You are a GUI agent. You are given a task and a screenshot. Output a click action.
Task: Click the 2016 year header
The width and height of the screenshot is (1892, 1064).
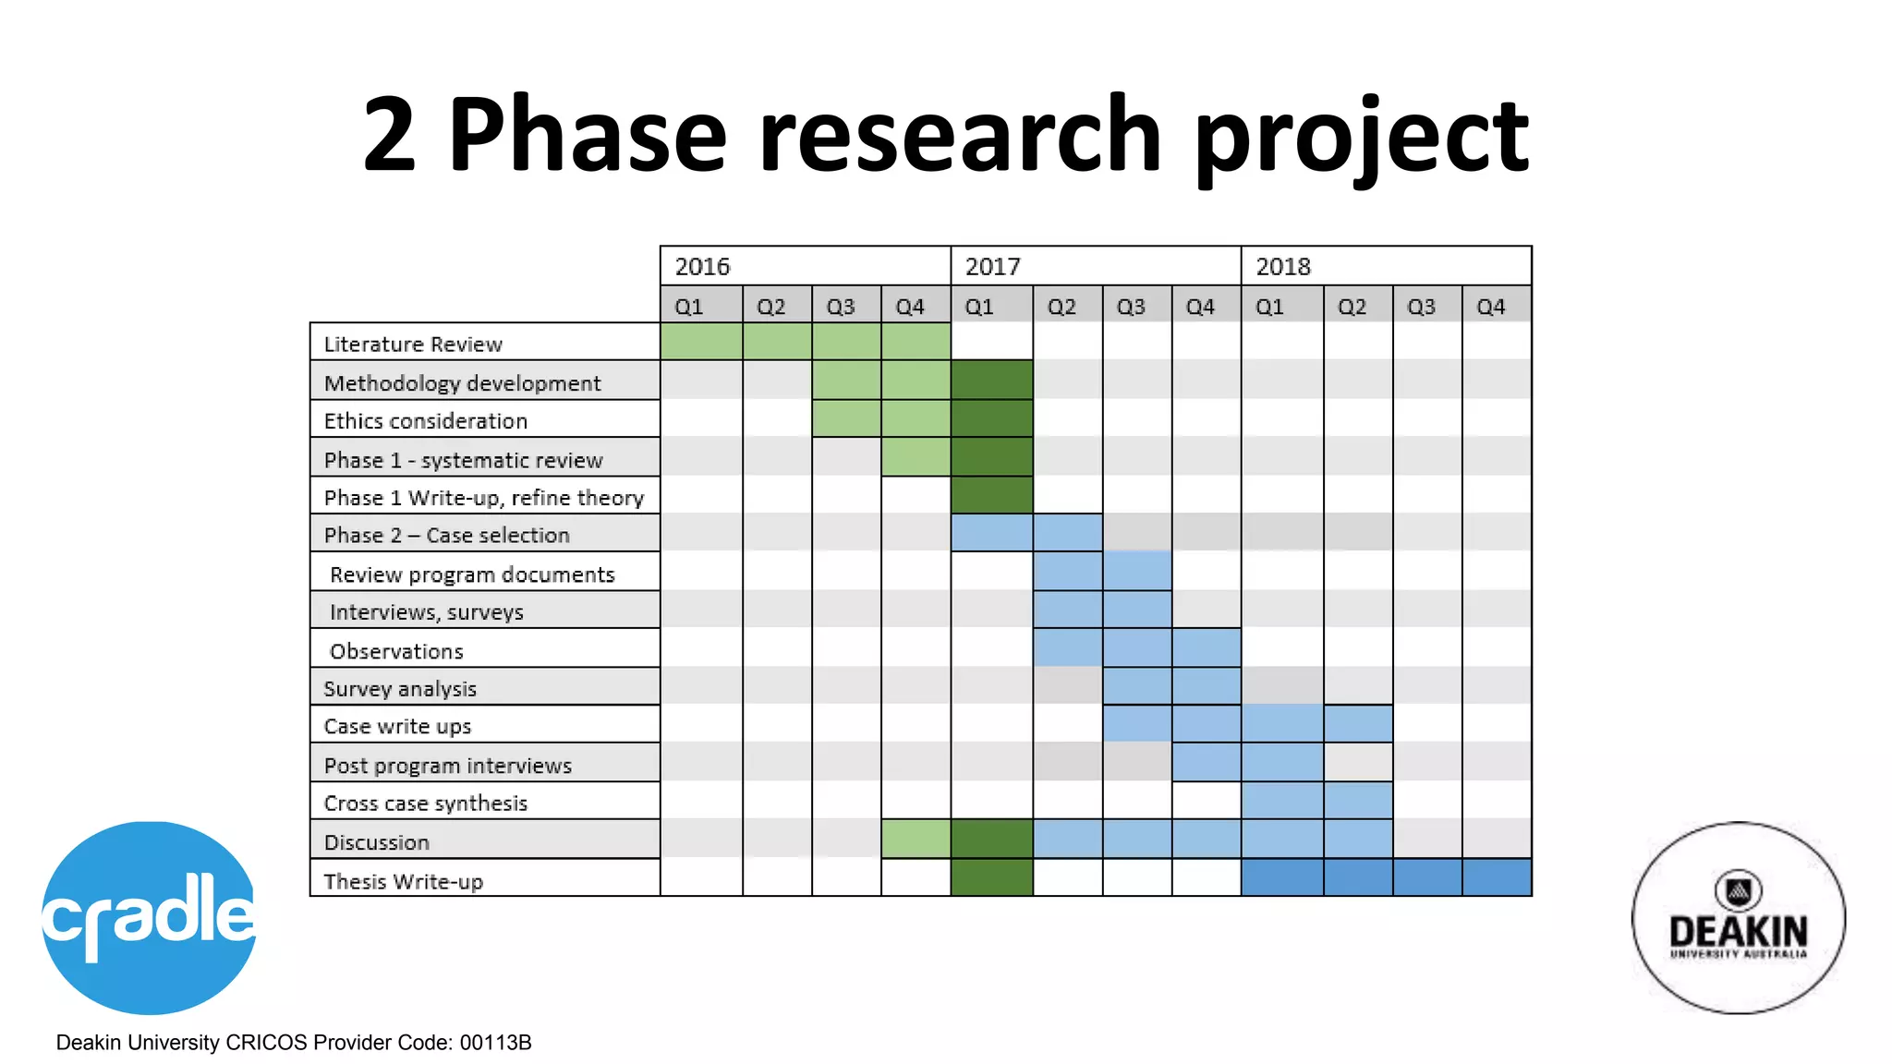pyautogui.click(x=702, y=267)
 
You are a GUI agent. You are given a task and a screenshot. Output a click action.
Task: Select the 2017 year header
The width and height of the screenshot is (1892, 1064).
pyautogui.click(x=993, y=267)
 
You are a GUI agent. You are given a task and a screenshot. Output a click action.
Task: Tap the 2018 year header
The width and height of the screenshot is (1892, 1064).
pyautogui.click(x=1283, y=267)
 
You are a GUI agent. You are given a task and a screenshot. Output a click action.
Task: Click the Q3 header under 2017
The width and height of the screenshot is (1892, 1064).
pyautogui.click(x=1131, y=307)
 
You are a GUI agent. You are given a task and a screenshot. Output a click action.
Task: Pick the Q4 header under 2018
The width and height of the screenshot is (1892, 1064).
pyautogui.click(x=1490, y=307)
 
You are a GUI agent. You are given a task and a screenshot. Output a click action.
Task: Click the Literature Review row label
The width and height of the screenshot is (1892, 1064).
pyautogui.click(x=413, y=345)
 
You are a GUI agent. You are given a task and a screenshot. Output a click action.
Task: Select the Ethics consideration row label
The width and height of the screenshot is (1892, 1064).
pyautogui.click(x=425, y=421)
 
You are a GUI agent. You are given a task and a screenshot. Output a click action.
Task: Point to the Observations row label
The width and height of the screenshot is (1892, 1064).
pyautogui.click(x=396, y=651)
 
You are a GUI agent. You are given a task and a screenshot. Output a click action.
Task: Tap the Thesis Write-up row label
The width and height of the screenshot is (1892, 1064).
pyautogui.click(x=403, y=881)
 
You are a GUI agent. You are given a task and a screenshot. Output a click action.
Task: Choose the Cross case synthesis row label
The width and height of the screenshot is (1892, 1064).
pyautogui.click(x=425, y=803)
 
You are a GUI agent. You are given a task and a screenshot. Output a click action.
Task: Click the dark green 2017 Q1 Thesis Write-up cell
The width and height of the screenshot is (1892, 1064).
pyautogui.click(x=991, y=877)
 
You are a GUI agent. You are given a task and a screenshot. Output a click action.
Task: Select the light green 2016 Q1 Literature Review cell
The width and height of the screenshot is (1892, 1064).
pyautogui.click(x=701, y=341)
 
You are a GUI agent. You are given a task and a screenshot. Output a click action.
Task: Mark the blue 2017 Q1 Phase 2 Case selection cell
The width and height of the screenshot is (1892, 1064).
pyautogui.click(x=991, y=533)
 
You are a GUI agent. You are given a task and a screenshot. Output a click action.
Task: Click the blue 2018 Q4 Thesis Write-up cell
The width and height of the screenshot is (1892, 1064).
pyautogui.click(x=1497, y=877)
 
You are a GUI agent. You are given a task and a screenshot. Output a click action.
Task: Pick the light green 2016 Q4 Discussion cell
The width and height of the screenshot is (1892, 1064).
pyautogui.click(x=916, y=839)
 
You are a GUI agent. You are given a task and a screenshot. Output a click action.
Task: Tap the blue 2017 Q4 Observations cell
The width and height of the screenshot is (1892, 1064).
pyautogui.click(x=1206, y=647)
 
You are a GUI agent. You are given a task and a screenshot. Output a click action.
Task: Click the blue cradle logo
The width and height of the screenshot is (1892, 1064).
pyautogui.click(x=149, y=917)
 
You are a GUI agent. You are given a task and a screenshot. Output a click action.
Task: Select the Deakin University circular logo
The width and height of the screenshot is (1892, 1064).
pyautogui.click(x=1738, y=917)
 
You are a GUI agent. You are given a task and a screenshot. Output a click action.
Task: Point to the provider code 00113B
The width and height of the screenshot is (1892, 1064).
pyautogui.click(x=496, y=1043)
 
